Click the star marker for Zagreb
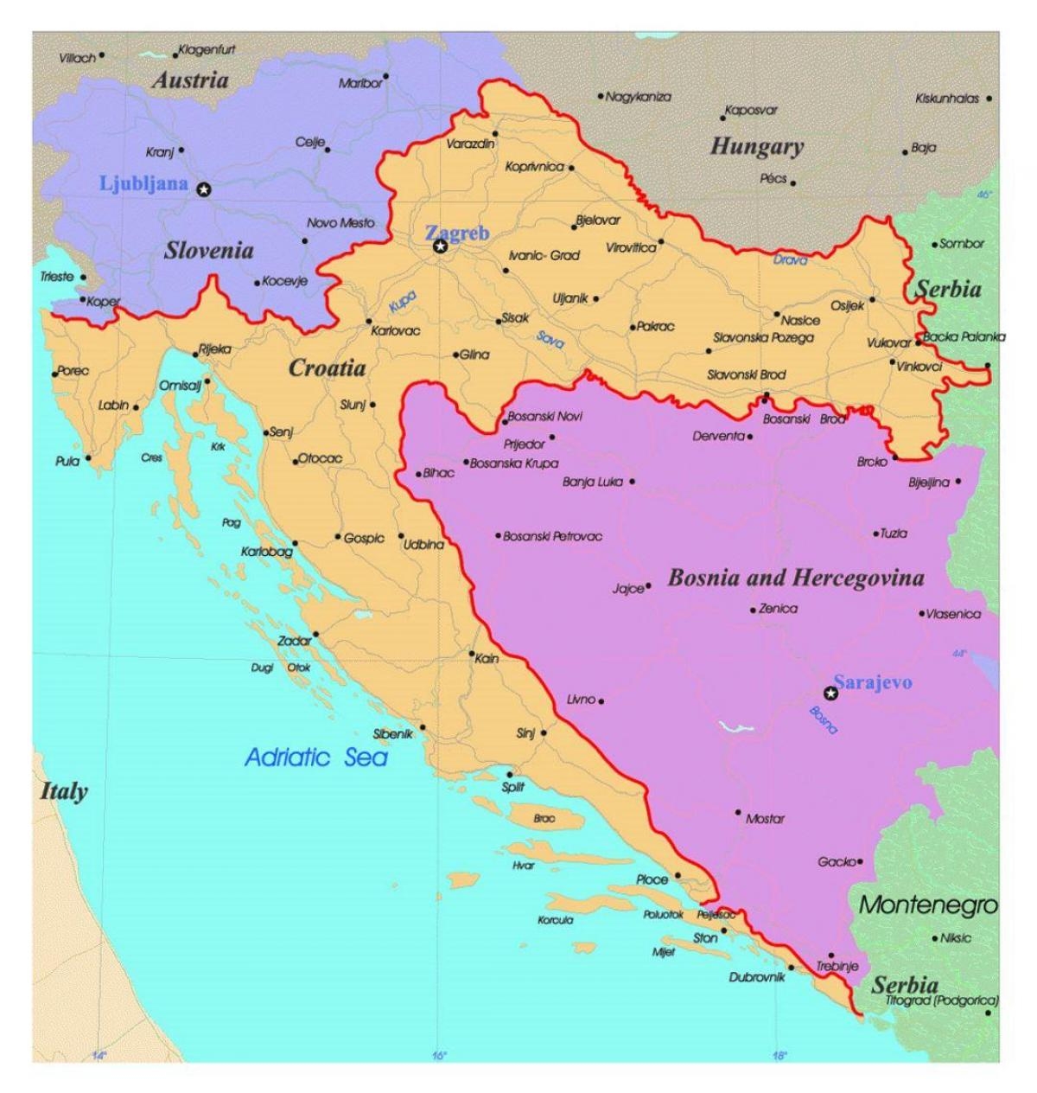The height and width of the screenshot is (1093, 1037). (x=440, y=247)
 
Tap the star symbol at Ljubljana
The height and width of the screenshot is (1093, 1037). (x=203, y=189)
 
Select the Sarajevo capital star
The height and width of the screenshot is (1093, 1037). (x=830, y=693)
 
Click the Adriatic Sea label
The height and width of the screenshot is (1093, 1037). (x=316, y=758)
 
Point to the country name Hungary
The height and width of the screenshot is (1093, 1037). (x=756, y=147)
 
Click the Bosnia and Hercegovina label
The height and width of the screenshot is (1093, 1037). (x=795, y=578)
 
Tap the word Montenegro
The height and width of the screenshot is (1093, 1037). (x=927, y=905)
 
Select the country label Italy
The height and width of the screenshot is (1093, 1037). (x=64, y=790)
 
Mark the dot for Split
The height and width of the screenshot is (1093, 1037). (x=510, y=774)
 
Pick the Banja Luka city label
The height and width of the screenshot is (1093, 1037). (x=592, y=482)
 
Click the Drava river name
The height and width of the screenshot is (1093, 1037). (x=790, y=259)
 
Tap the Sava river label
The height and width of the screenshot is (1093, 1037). (x=550, y=340)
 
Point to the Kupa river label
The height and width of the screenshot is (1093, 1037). (x=402, y=301)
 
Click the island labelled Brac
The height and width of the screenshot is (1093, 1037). (x=544, y=817)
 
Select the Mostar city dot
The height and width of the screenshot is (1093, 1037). (x=737, y=812)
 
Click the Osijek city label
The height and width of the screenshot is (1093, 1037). (x=847, y=305)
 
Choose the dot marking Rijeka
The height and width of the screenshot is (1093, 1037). (x=194, y=353)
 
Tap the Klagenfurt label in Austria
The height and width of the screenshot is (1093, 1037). (x=206, y=50)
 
